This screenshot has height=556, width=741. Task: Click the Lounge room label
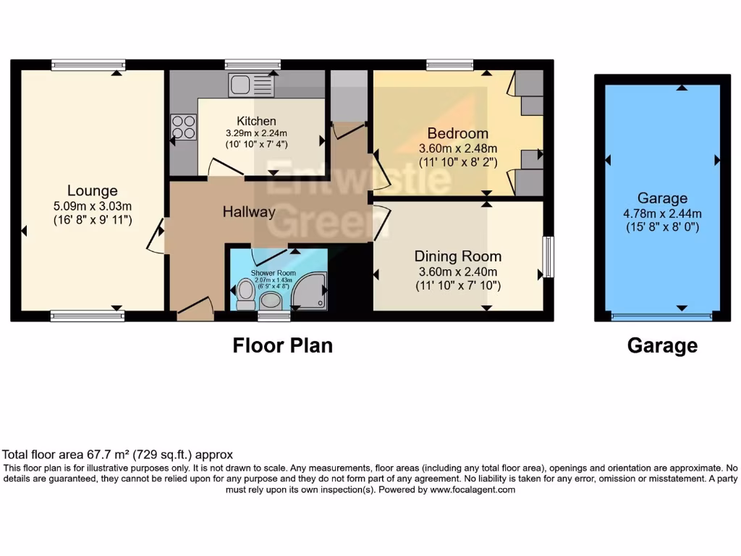tap(92, 191)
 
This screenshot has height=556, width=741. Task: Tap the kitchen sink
tap(250, 85)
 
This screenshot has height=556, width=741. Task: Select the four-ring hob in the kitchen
tap(184, 127)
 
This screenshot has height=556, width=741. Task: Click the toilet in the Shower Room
tap(245, 293)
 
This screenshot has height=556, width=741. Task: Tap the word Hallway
tap(248, 212)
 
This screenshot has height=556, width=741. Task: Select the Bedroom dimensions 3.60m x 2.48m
tap(457, 148)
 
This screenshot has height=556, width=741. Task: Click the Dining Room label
tap(457, 256)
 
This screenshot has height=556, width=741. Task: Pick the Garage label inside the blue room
tap(662, 198)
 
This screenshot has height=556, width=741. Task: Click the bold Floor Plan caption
tap(282, 346)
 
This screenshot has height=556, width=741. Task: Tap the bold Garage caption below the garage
tap(662, 346)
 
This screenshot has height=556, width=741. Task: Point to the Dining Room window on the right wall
tap(549, 257)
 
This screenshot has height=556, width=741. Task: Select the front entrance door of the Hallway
tap(194, 309)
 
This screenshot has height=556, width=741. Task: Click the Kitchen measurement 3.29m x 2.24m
tap(256, 133)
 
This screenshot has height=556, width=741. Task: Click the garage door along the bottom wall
tap(661, 316)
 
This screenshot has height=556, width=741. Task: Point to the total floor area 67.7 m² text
tap(119, 455)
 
